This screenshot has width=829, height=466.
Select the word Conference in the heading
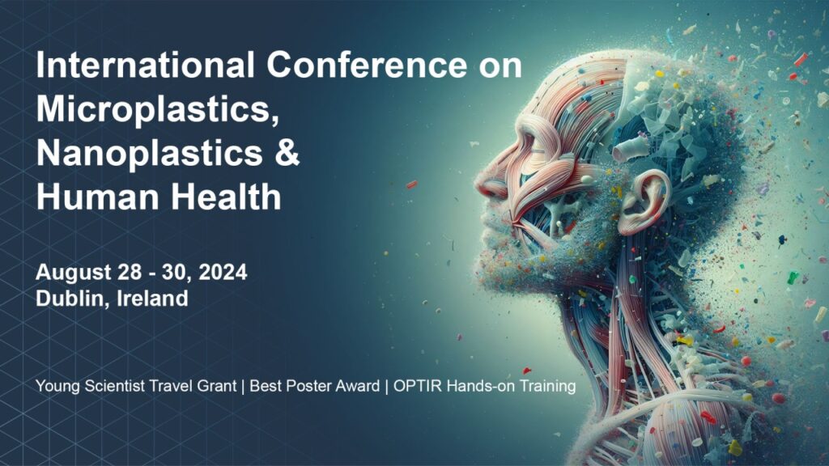pos(367,65)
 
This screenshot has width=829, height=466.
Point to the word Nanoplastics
pos(149,153)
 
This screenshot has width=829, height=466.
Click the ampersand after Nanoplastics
pos(287,153)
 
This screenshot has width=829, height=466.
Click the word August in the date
pos(73,273)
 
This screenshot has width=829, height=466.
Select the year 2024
pos(223,272)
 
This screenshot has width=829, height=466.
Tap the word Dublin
pos(73,299)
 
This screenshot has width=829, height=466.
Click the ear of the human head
pos(641,202)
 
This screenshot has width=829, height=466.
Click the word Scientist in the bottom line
pos(114,386)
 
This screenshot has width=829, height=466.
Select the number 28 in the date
pos(130,272)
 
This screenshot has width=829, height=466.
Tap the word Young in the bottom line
pos(57,387)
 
